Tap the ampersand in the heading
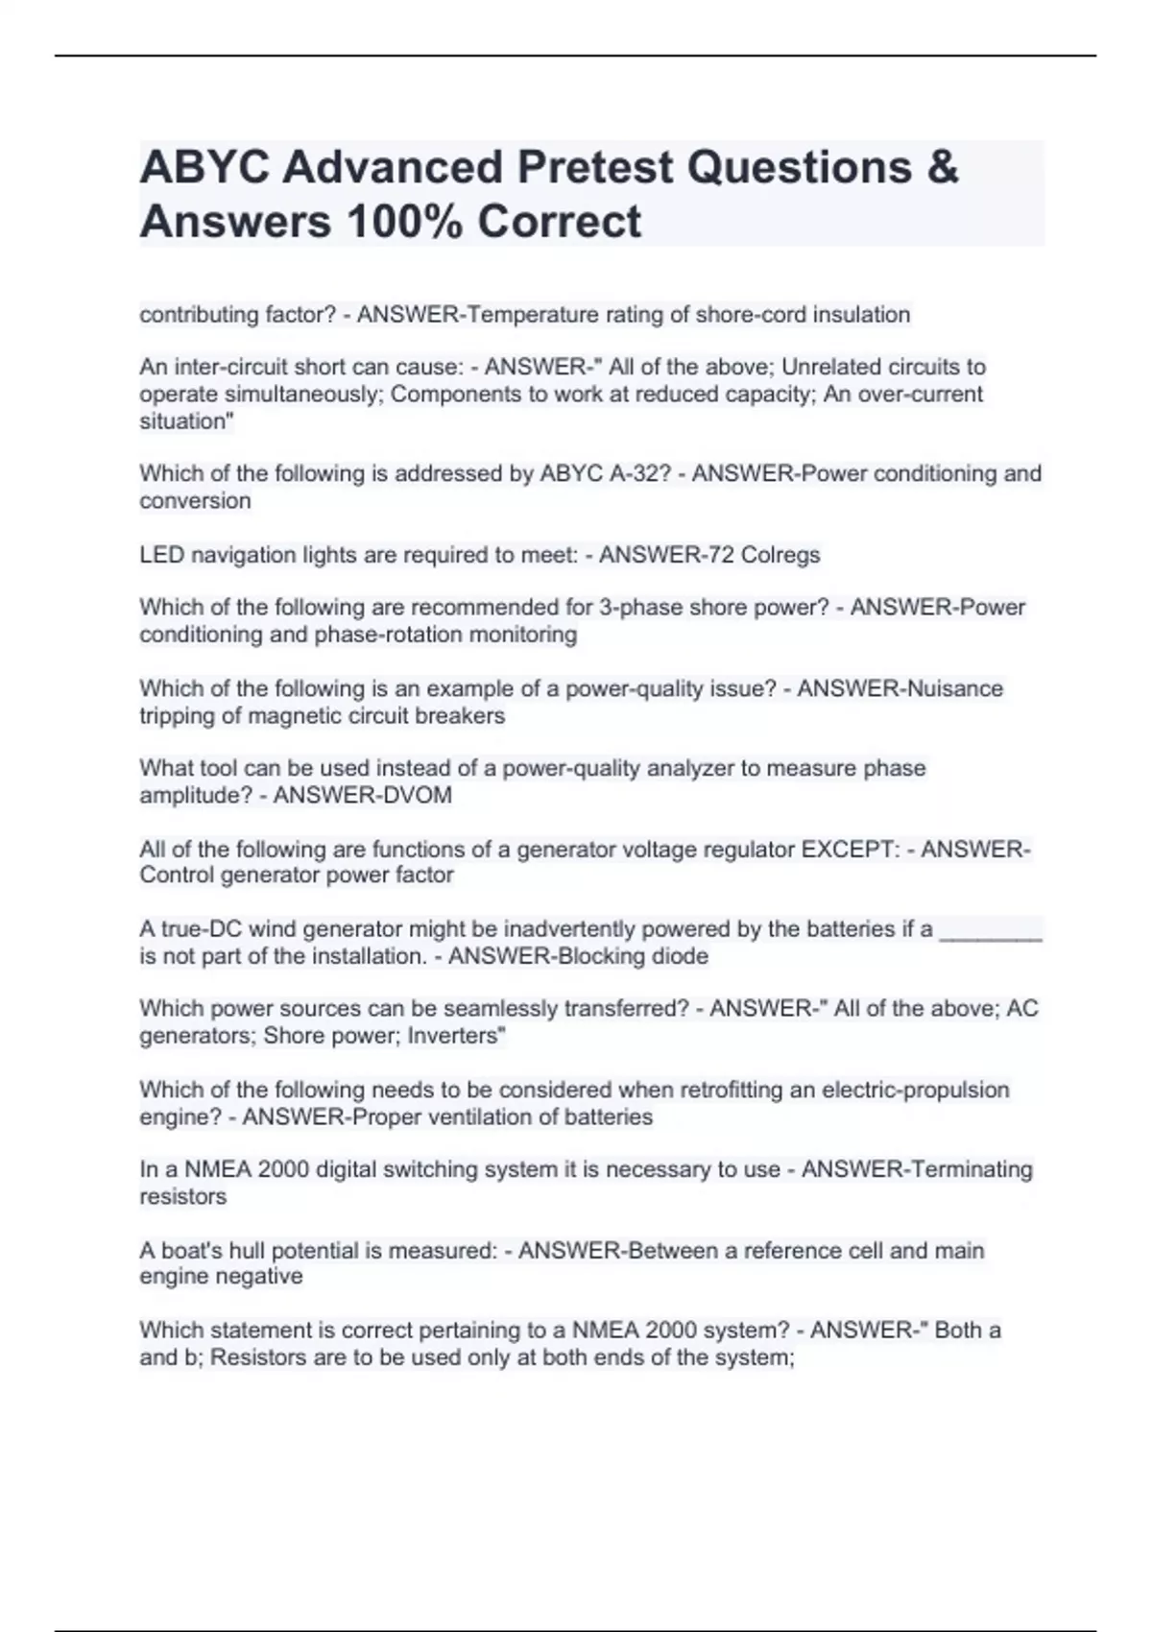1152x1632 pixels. pyautogui.click(x=944, y=168)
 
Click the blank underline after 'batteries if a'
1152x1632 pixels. pyautogui.click(x=991, y=929)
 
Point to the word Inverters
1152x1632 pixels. pyautogui.click(x=456, y=1036)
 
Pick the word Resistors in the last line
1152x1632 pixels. pyautogui.click(x=260, y=1357)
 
